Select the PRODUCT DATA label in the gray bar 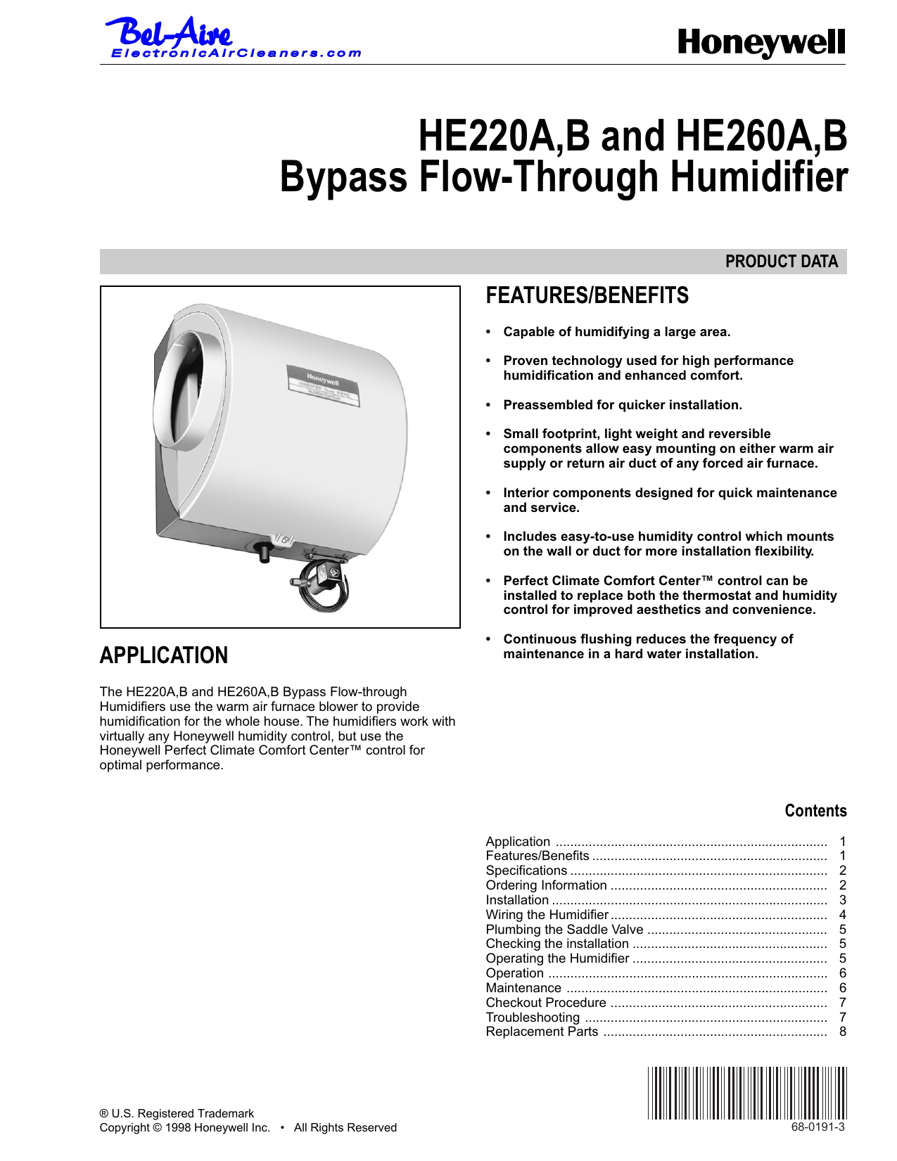pyautogui.click(x=781, y=262)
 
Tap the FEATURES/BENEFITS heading pyautogui.click(x=587, y=296)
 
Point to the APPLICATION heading pyautogui.click(x=163, y=655)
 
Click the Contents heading pyautogui.click(x=815, y=811)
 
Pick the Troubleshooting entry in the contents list pyautogui.click(x=533, y=1018)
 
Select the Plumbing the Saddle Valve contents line pyautogui.click(x=564, y=930)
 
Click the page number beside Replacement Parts pyautogui.click(x=842, y=1032)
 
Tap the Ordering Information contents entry pyautogui.click(x=546, y=885)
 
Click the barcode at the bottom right pyautogui.click(x=747, y=1093)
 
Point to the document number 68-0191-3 pyautogui.click(x=818, y=1127)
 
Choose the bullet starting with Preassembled pyautogui.click(x=622, y=405)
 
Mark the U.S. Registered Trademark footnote pyautogui.click(x=177, y=1113)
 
